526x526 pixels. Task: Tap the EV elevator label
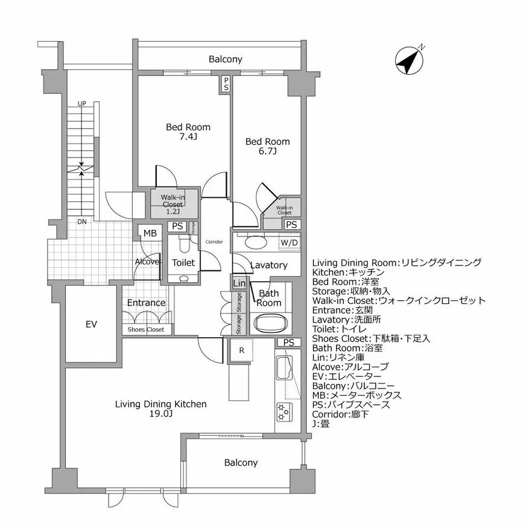pos(91,325)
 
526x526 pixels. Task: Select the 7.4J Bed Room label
pos(188,132)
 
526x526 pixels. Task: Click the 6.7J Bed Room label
pos(267,147)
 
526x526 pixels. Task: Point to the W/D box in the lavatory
pos(289,242)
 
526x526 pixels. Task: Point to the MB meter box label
pos(150,233)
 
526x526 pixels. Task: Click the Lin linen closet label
pos(239,283)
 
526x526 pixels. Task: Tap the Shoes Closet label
pos(145,330)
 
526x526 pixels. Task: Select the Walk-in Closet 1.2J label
pos(173,204)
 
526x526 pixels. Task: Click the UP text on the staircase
pos(81,104)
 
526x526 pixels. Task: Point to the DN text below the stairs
pos(81,221)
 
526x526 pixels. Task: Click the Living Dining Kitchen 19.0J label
pos(160,408)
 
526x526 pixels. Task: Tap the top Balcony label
pos(225,59)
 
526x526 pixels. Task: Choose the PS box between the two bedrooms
pos(226,83)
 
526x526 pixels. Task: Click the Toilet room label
pos(183,262)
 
